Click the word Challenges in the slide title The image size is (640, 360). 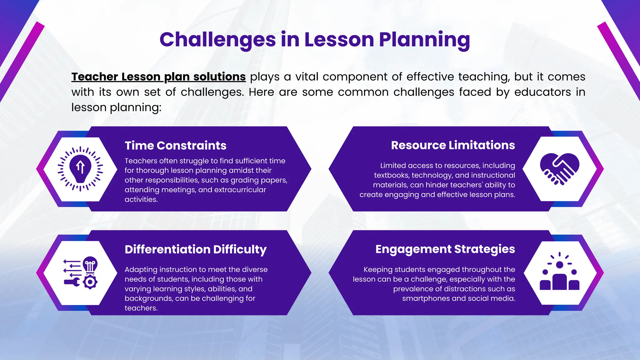[217, 40]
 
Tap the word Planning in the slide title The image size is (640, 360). [424, 40]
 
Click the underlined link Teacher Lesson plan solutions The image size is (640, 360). [158, 77]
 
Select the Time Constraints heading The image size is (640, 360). [175, 146]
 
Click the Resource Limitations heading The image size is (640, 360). [453, 145]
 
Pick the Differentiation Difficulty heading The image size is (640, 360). [196, 249]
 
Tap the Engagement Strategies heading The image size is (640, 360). [445, 249]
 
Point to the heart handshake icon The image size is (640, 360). [559, 169]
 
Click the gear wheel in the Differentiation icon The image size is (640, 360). [90, 282]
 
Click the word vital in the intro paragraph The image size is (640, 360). [307, 77]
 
